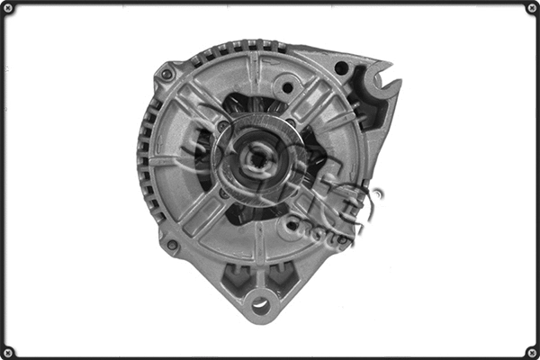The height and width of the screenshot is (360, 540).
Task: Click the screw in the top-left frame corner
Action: tap(8, 8)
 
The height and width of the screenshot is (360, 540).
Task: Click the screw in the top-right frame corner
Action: tap(531, 8)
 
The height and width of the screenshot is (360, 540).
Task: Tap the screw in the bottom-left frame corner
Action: tap(8, 351)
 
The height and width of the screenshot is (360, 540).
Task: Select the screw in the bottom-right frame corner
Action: tap(531, 351)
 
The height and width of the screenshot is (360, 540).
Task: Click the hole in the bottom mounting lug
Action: tap(260, 306)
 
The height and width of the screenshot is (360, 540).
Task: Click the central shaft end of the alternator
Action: tap(256, 159)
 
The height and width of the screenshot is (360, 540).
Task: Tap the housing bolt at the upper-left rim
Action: tap(167, 74)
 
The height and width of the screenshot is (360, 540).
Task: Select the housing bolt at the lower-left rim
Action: tap(172, 244)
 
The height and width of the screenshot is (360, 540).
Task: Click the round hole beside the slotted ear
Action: tap(341, 67)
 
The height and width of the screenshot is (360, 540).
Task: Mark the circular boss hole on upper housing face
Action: tap(288, 88)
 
